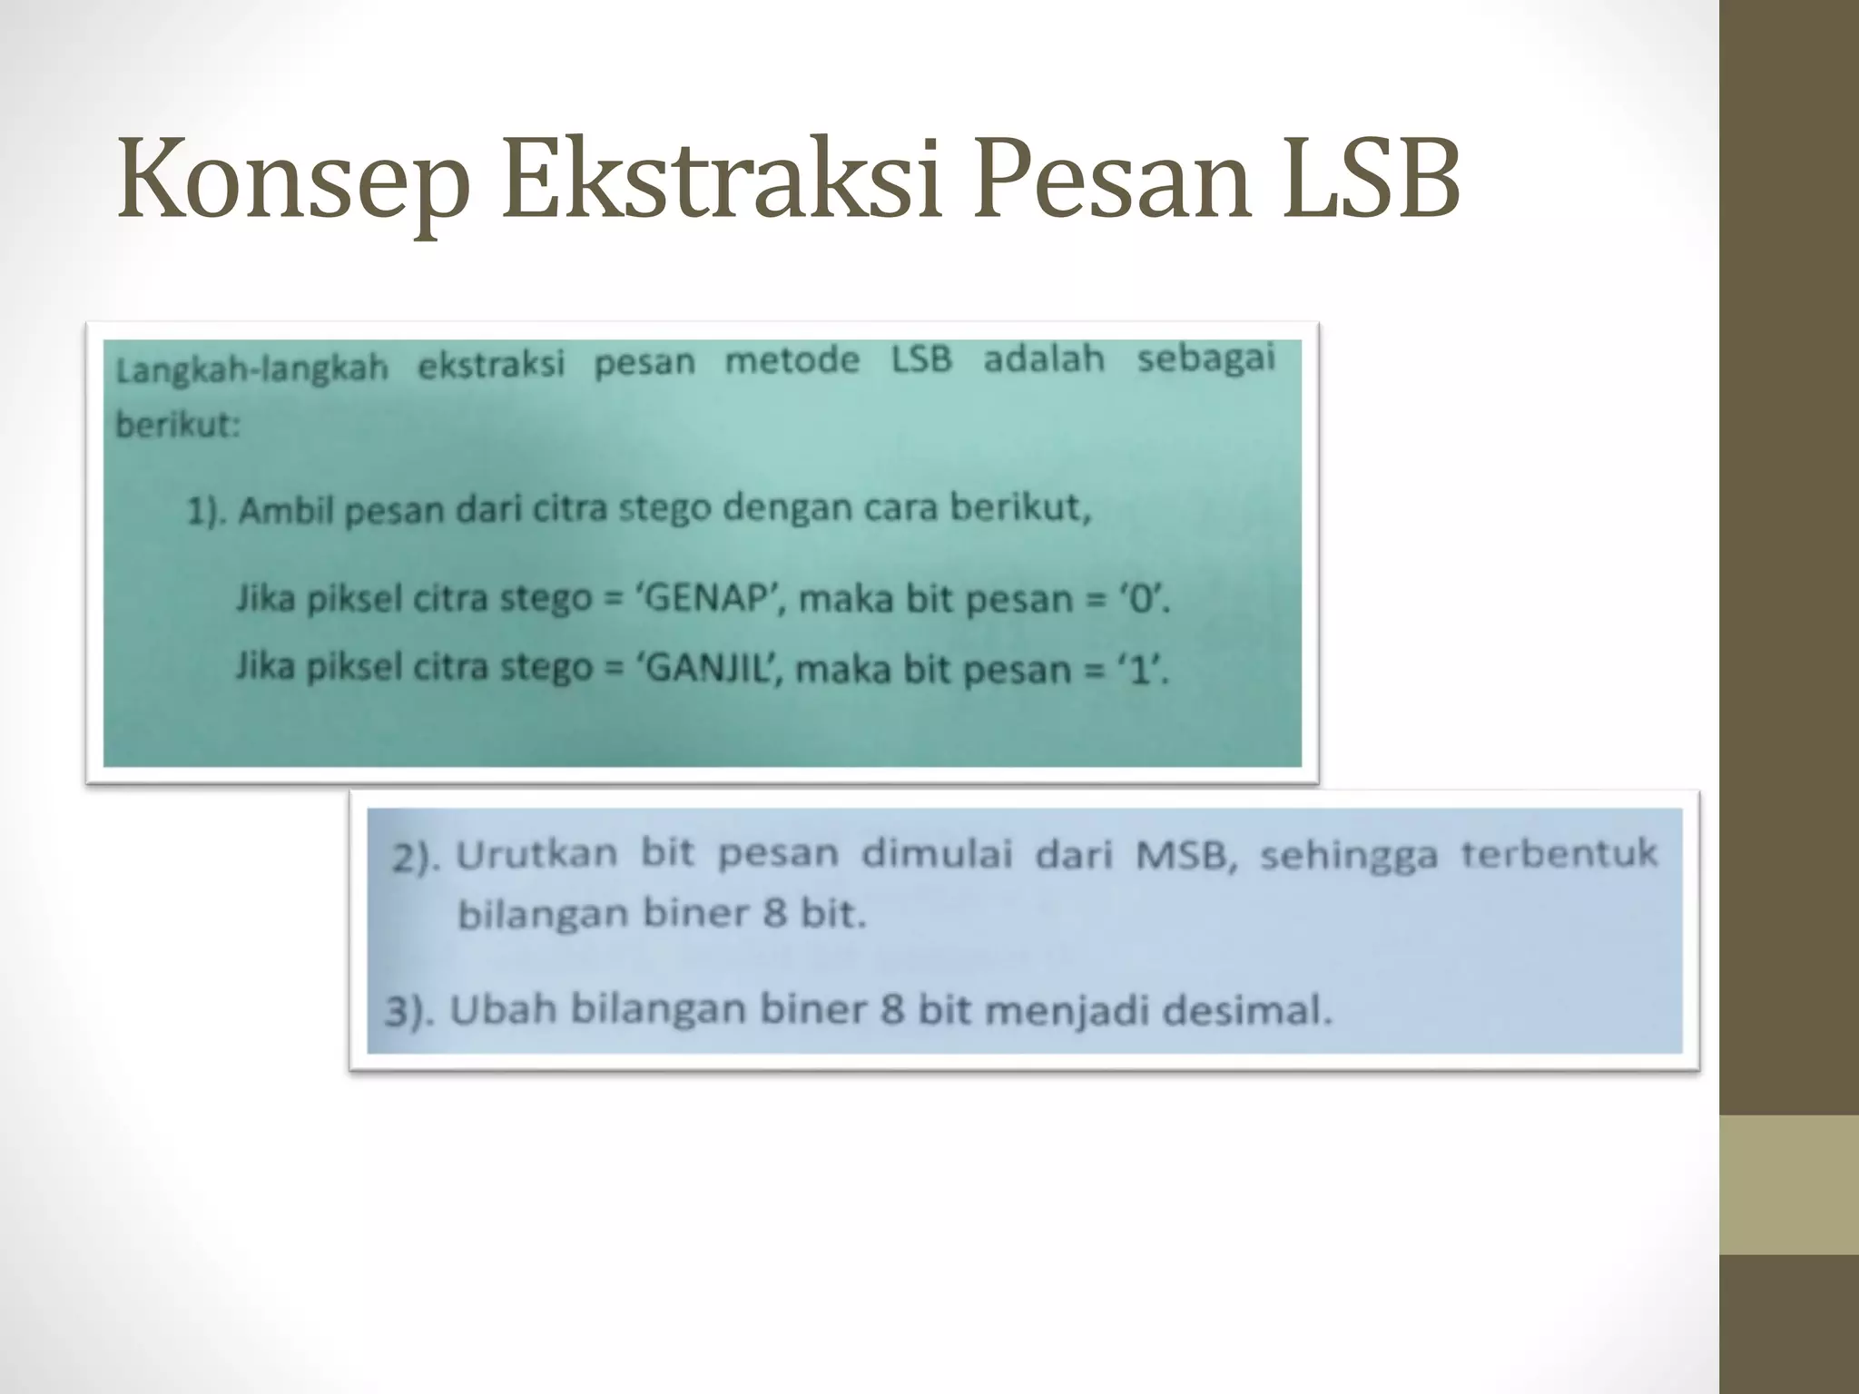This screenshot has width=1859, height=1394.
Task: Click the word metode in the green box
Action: coord(792,361)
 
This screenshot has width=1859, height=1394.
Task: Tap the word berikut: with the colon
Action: coord(178,425)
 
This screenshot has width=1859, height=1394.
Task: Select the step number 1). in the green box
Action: coord(208,513)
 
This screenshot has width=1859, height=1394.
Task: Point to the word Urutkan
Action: coord(536,854)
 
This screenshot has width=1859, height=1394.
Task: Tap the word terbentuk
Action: coord(1559,854)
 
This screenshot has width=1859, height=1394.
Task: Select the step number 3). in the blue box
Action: coord(409,1012)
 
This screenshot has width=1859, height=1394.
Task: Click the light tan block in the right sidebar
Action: coord(1789,1184)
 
